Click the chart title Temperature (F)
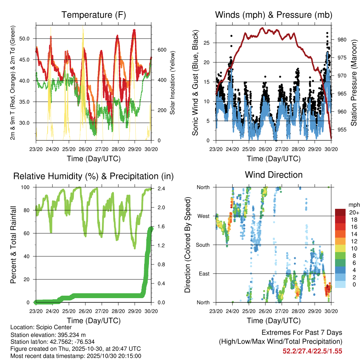(94, 15)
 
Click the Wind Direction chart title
(274, 175)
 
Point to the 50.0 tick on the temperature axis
(28, 38)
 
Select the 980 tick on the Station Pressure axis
(342, 40)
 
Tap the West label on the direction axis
(203, 216)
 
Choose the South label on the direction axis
(202, 245)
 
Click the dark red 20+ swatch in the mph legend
(340, 212)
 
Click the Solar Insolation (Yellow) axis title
(173, 85)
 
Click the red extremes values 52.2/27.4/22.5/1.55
(312, 351)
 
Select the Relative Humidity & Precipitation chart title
(94, 176)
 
